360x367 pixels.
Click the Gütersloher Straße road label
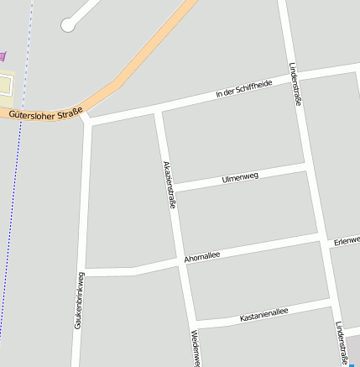tap(47, 113)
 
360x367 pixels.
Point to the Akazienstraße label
tap(170, 184)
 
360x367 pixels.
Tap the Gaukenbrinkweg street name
tap(78, 300)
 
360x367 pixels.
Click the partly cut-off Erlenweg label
tap(346, 241)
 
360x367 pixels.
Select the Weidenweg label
tap(195, 348)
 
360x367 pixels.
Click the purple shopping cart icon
tap(3, 56)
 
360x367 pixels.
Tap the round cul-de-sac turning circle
tap(68, 26)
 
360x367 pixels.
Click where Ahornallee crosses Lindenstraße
tap(322, 241)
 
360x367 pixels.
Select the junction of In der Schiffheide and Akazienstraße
tap(157, 110)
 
